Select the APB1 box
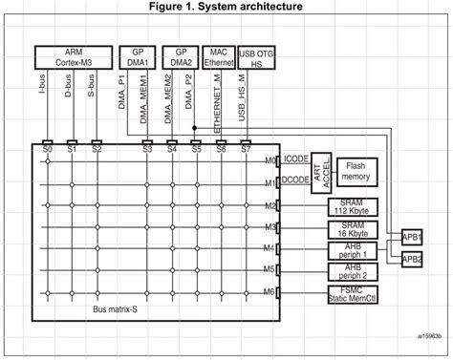click(413, 236)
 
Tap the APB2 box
click(413, 259)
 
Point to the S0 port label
click(47, 149)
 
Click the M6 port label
click(270, 291)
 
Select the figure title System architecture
click(226, 8)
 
